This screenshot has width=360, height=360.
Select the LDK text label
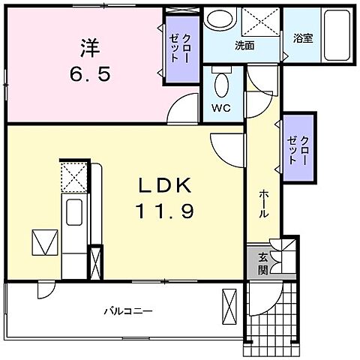click(166, 184)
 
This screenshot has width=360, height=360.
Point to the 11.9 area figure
click(166, 212)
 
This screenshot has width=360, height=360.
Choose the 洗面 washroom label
click(244, 46)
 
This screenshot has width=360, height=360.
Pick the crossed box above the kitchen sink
click(72, 178)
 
